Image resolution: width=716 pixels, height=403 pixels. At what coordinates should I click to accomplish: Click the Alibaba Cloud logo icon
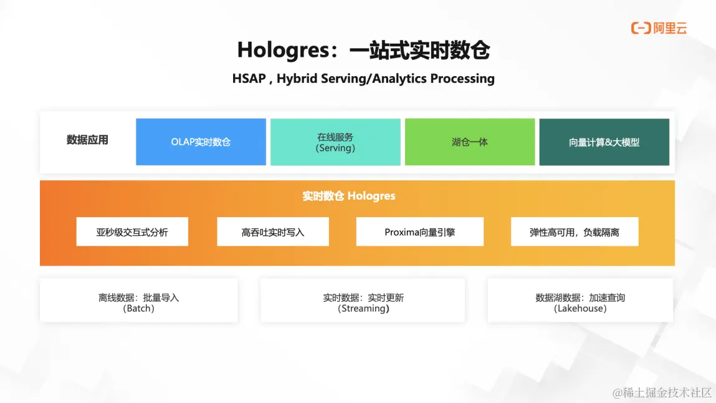coord(641,28)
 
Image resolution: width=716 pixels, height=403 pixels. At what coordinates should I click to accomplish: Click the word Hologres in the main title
coord(283,51)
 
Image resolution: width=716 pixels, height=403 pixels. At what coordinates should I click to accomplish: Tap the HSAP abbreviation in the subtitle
coord(249,79)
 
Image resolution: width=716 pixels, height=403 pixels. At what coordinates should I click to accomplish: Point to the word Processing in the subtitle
coord(462,79)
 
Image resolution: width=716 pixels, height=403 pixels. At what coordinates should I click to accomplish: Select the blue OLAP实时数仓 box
coord(201,142)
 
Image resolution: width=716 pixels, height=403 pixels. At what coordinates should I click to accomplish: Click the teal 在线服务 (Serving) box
coord(335,142)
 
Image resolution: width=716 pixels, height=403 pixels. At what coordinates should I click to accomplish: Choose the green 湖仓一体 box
coord(470,142)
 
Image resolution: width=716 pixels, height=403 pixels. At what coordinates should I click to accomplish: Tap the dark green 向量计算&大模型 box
coord(604,142)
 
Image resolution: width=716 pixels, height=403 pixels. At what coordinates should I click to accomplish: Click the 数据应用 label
coord(87,140)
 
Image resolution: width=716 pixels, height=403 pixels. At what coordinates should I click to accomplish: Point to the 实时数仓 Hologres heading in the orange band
coord(349,196)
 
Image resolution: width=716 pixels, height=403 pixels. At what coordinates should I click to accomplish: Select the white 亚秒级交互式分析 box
coord(133,231)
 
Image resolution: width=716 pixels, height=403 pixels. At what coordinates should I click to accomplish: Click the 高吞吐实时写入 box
coord(272,231)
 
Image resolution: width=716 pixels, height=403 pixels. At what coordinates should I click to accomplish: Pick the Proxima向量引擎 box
coord(419,231)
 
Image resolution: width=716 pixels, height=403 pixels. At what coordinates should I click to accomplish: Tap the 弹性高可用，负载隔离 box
coord(575,231)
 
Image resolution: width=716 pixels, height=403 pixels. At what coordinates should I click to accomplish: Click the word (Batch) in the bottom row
coord(139,308)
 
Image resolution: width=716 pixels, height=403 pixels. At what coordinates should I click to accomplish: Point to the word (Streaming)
coord(363,308)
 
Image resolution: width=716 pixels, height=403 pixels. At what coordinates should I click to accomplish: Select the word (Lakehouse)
coord(580,308)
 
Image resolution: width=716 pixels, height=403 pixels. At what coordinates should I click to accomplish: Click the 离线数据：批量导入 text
coord(139,298)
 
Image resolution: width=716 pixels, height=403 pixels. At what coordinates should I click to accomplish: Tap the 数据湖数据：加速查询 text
coord(580,298)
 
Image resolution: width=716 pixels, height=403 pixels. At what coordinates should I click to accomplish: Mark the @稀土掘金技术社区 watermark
coord(662,392)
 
